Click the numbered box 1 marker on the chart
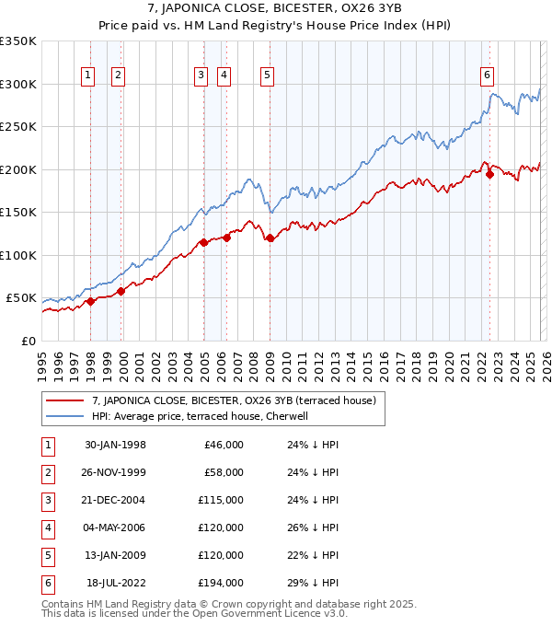(88, 76)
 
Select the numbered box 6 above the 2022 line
(487, 76)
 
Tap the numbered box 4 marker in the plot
(224, 76)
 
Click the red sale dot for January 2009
(270, 238)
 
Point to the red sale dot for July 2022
(490, 175)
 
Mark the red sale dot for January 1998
(91, 301)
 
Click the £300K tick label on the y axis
(18, 84)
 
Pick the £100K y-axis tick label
(18, 255)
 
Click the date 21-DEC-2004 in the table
(116, 500)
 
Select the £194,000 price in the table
(222, 583)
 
